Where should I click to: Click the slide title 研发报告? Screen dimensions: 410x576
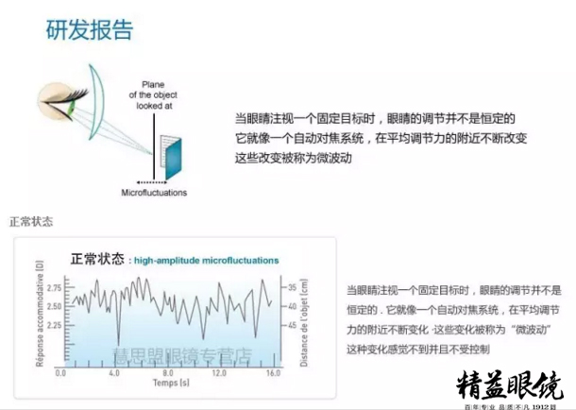point(90,29)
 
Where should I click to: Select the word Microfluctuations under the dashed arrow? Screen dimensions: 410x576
point(154,193)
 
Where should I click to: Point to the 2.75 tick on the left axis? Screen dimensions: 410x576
point(54,287)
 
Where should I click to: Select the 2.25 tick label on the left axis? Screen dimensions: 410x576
point(54,326)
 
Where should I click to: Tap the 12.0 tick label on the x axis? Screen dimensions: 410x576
point(220,373)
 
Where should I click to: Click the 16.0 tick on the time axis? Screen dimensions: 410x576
point(272,373)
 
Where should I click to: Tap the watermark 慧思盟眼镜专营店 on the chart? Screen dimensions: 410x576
point(179,355)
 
